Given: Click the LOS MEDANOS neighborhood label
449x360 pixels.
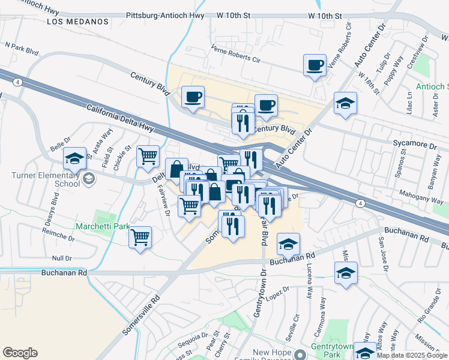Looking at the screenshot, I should [79, 22].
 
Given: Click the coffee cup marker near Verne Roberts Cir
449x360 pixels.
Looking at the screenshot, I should [315, 65].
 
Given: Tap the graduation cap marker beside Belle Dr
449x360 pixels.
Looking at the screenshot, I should [75, 159].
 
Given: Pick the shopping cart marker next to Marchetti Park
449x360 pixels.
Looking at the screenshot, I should [140, 237].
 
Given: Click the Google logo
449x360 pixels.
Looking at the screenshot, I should [20, 353].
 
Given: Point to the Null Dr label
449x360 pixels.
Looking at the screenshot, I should [62, 258].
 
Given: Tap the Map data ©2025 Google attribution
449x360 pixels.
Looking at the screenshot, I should [412, 355].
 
